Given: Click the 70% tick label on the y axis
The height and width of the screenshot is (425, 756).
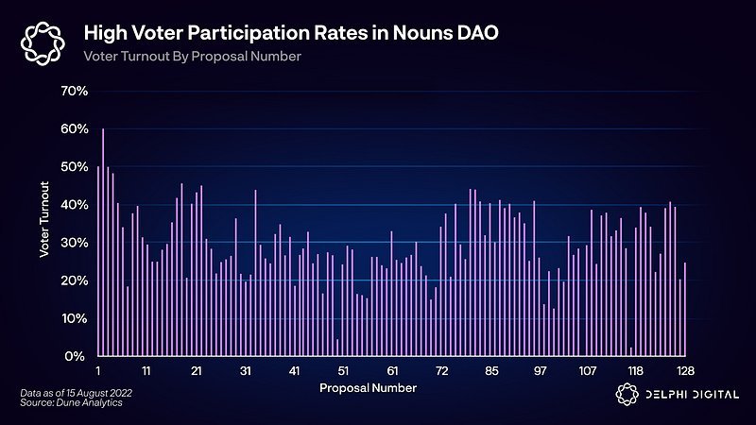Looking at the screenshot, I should tap(74, 91).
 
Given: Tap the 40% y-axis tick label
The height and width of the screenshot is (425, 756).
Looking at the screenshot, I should tap(74, 204).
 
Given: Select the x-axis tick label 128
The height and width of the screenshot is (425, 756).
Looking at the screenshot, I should tap(686, 370).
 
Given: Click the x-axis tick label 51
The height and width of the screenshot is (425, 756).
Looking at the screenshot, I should tap(344, 370).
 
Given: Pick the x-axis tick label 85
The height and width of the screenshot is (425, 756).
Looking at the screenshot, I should tap(491, 370).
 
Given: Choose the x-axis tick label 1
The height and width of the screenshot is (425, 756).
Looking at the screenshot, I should tap(98, 370).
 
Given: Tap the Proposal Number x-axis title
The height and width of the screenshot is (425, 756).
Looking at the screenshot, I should tap(368, 388).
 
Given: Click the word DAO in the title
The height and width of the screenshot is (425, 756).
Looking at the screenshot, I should tap(474, 34).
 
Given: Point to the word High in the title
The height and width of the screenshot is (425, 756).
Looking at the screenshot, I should tap(102, 34).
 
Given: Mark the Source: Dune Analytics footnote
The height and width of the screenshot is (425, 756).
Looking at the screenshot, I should tap(71, 403).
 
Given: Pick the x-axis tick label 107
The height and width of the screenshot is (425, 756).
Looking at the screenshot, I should tap(588, 370).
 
